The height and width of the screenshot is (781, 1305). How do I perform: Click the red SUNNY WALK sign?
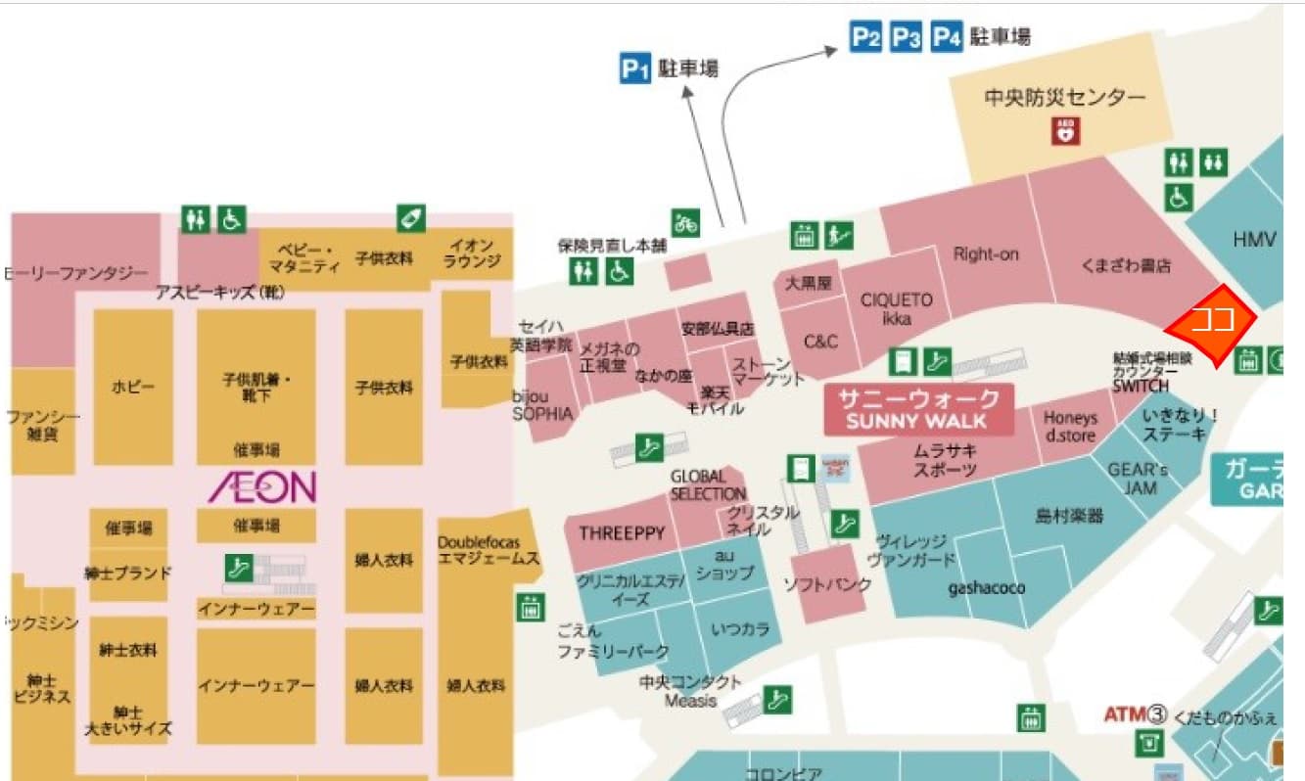coord(919,410)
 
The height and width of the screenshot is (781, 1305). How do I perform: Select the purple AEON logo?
coord(261,485)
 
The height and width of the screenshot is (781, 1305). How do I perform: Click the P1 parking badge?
coord(635,69)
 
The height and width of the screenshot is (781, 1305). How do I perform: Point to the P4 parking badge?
coord(947,38)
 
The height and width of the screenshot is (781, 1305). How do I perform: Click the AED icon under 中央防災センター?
coord(1064,130)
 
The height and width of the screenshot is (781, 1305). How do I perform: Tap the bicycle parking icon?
coord(685,223)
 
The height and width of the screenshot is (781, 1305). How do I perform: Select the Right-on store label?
coord(986,254)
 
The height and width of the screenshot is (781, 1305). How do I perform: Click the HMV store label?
coord(1255,239)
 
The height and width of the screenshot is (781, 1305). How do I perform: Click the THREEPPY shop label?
coord(622,533)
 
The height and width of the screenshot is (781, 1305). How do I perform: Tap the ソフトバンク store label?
coord(827,585)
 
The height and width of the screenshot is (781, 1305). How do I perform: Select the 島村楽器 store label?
coord(1069,516)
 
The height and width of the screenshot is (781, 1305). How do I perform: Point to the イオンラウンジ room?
coord(473,253)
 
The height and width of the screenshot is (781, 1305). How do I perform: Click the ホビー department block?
coord(133,387)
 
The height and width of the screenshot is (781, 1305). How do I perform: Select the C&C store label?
coord(820,342)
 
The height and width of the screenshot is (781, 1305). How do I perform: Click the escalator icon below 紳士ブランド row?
coord(236,567)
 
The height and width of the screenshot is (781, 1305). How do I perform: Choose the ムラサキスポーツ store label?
coord(946,460)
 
